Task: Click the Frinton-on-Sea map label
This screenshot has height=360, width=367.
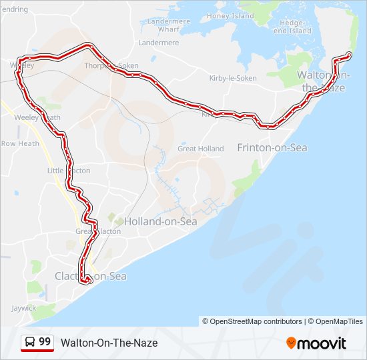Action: click(x=272, y=147)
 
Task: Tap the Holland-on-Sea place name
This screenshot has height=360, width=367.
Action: click(x=160, y=221)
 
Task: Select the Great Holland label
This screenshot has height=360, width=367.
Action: click(x=200, y=149)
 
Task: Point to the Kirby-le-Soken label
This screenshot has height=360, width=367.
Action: click(x=233, y=78)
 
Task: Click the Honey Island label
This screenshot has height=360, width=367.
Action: click(x=231, y=16)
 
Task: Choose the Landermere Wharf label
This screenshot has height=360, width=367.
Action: click(x=168, y=25)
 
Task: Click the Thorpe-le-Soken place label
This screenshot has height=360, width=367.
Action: click(x=111, y=66)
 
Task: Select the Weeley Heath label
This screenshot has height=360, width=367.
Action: click(x=37, y=117)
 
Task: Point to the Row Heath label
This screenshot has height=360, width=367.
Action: click(x=20, y=143)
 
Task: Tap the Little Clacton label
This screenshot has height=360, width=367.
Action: click(x=68, y=171)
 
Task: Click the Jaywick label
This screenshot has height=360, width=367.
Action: click(x=24, y=308)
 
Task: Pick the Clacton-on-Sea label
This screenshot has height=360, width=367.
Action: click(x=90, y=276)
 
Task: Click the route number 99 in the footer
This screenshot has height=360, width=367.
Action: click(x=45, y=342)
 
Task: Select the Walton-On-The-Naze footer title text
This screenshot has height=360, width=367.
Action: click(x=109, y=343)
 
